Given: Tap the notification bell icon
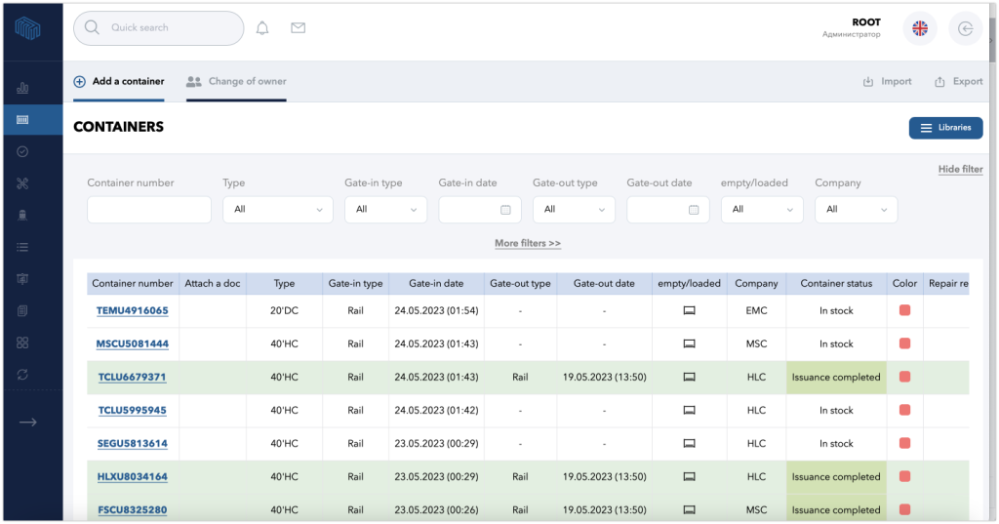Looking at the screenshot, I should (x=262, y=28).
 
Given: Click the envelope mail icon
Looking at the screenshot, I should (x=299, y=28).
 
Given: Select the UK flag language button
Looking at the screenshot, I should (x=920, y=28).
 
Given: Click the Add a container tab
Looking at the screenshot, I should (x=119, y=81).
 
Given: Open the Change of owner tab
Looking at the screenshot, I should (x=236, y=81).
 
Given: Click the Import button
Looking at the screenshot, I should (x=887, y=82).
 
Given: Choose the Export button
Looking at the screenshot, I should (x=958, y=82).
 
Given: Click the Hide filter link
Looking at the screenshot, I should (x=960, y=169).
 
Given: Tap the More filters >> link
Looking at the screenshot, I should (x=528, y=243).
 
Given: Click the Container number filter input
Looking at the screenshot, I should (x=149, y=210).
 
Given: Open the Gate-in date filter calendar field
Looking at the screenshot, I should (x=480, y=210).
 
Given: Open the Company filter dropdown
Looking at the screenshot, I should (x=856, y=210).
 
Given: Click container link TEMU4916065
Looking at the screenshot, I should (x=133, y=311).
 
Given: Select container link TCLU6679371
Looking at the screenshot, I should (x=133, y=378).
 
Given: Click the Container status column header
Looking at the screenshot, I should (x=836, y=284).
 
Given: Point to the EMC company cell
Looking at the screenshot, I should (x=756, y=311).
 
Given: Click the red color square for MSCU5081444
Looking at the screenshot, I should (x=904, y=343).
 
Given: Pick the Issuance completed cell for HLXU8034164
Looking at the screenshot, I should (x=836, y=477).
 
